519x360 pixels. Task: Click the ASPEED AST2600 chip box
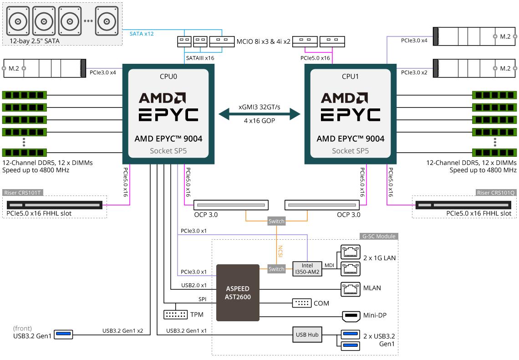click(237, 293)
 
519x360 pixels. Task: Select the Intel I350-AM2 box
click(307, 269)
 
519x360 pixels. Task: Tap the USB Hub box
click(307, 334)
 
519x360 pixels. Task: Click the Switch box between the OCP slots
click(276, 221)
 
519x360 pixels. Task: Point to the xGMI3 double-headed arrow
click(259, 114)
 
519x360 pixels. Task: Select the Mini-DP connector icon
click(350, 315)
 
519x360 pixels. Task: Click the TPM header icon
click(175, 315)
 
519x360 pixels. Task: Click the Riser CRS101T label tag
click(23, 193)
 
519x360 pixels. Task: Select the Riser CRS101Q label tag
click(496, 193)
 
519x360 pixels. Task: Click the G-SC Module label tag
click(378, 237)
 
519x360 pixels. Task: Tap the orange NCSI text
click(280, 252)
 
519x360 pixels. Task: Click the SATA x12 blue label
click(142, 34)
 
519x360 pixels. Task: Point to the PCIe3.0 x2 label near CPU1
click(414, 72)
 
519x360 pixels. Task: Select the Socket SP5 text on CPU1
click(350, 151)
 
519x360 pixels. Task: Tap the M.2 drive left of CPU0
click(45, 68)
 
